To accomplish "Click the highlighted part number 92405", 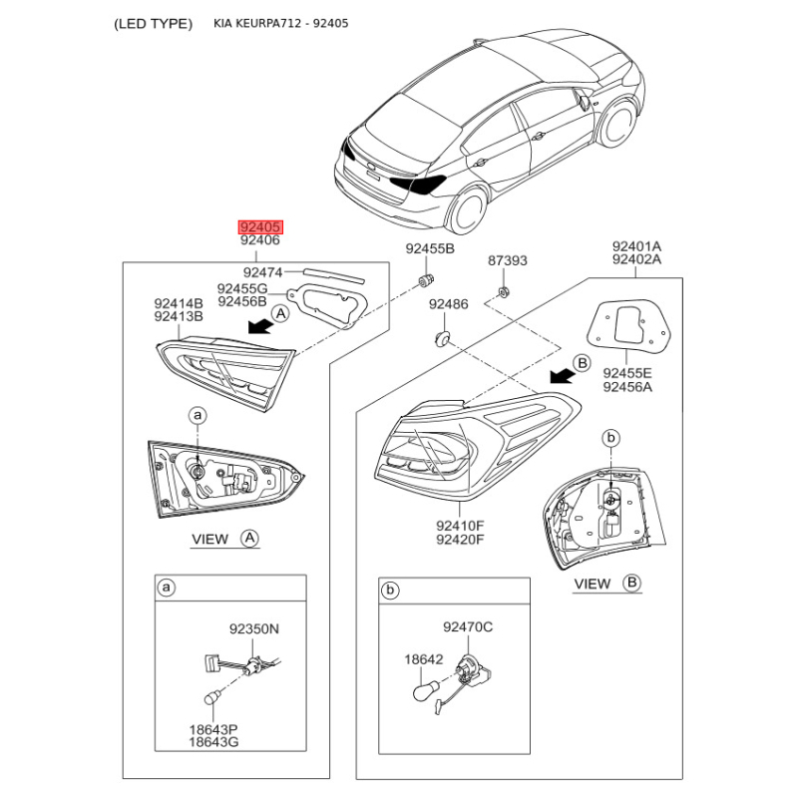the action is click(x=259, y=226).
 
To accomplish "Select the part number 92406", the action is click(x=259, y=241).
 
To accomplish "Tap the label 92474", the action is click(x=264, y=271).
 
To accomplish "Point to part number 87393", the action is click(x=508, y=261).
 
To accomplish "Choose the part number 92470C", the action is click(x=468, y=626).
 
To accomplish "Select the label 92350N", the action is click(x=254, y=629).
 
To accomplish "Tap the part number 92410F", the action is click(x=460, y=526).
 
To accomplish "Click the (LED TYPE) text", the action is click(x=154, y=23).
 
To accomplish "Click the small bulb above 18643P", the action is click(x=213, y=697).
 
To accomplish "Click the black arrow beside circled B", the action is click(x=562, y=375).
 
